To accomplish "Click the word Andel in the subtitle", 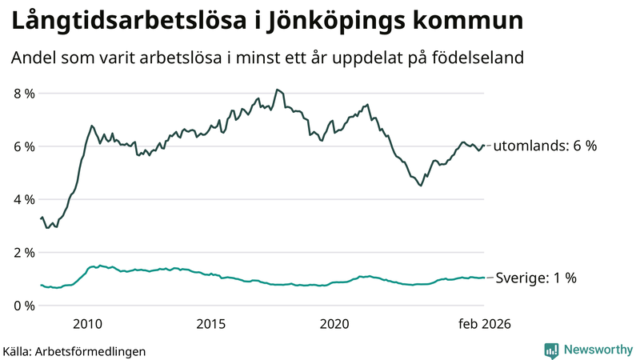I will [x=34, y=58].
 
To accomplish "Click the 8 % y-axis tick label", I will [x=23, y=94].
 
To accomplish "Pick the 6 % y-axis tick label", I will [x=23, y=146].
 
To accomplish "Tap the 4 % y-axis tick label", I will [x=23, y=199].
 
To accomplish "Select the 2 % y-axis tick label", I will [x=23, y=253].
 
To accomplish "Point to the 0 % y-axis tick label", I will [x=23, y=306].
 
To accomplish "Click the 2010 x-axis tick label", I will [x=87, y=324].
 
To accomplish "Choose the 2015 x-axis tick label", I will [x=211, y=324].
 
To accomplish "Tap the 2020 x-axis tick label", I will [x=334, y=324].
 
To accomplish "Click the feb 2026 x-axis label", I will [x=484, y=324].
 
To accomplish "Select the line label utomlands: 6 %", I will [x=545, y=146].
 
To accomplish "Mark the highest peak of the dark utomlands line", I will [x=276, y=90].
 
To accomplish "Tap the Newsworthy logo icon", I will [x=551, y=350].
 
